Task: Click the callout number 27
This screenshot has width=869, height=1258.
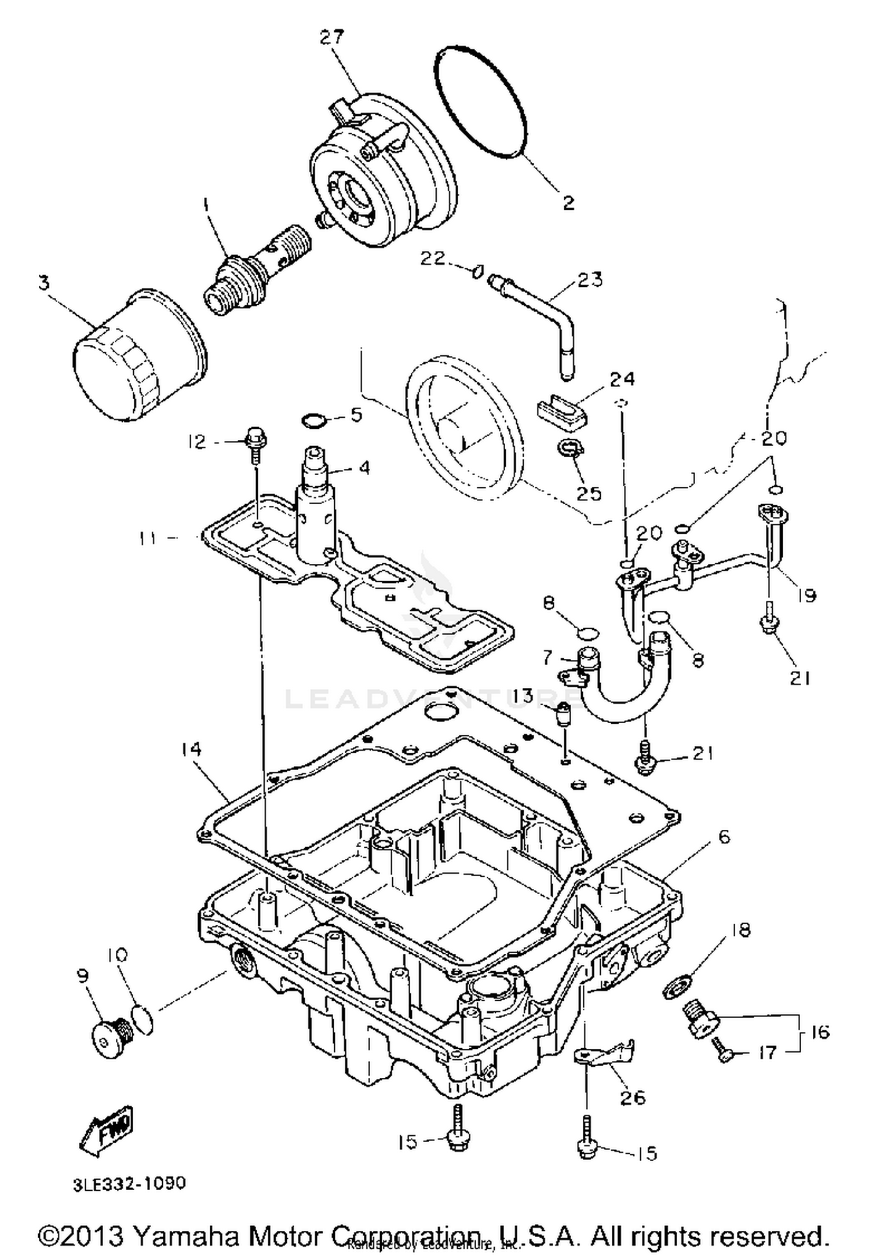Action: [x=332, y=38]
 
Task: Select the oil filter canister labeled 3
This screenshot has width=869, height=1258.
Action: [x=138, y=359]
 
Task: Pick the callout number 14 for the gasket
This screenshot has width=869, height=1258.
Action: [x=191, y=749]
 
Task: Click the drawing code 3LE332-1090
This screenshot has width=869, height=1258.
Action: [x=129, y=1183]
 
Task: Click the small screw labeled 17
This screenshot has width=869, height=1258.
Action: [x=724, y=1055]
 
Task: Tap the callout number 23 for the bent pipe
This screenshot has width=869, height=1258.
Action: [x=590, y=279]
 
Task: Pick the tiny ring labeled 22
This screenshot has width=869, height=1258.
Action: [x=477, y=271]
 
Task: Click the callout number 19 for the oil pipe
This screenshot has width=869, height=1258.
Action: [x=805, y=595]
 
